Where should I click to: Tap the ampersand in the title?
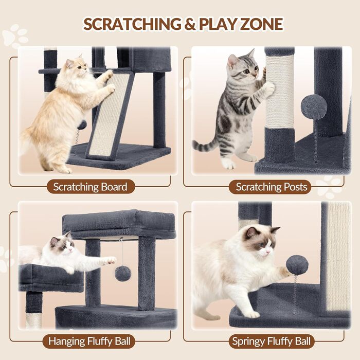click(190, 24)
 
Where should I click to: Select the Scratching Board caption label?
click(90, 187)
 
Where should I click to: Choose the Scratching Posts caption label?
click(272, 187)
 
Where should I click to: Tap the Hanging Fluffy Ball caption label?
click(89, 341)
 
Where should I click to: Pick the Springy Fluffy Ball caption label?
click(272, 341)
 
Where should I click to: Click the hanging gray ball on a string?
click(123, 273)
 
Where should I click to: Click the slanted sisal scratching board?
click(110, 115)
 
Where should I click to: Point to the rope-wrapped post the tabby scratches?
click(280, 92)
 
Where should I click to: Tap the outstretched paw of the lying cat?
click(112, 261)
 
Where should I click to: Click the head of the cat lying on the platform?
click(62, 245)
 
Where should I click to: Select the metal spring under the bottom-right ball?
click(295, 294)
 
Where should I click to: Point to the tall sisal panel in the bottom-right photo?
click(338, 257)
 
